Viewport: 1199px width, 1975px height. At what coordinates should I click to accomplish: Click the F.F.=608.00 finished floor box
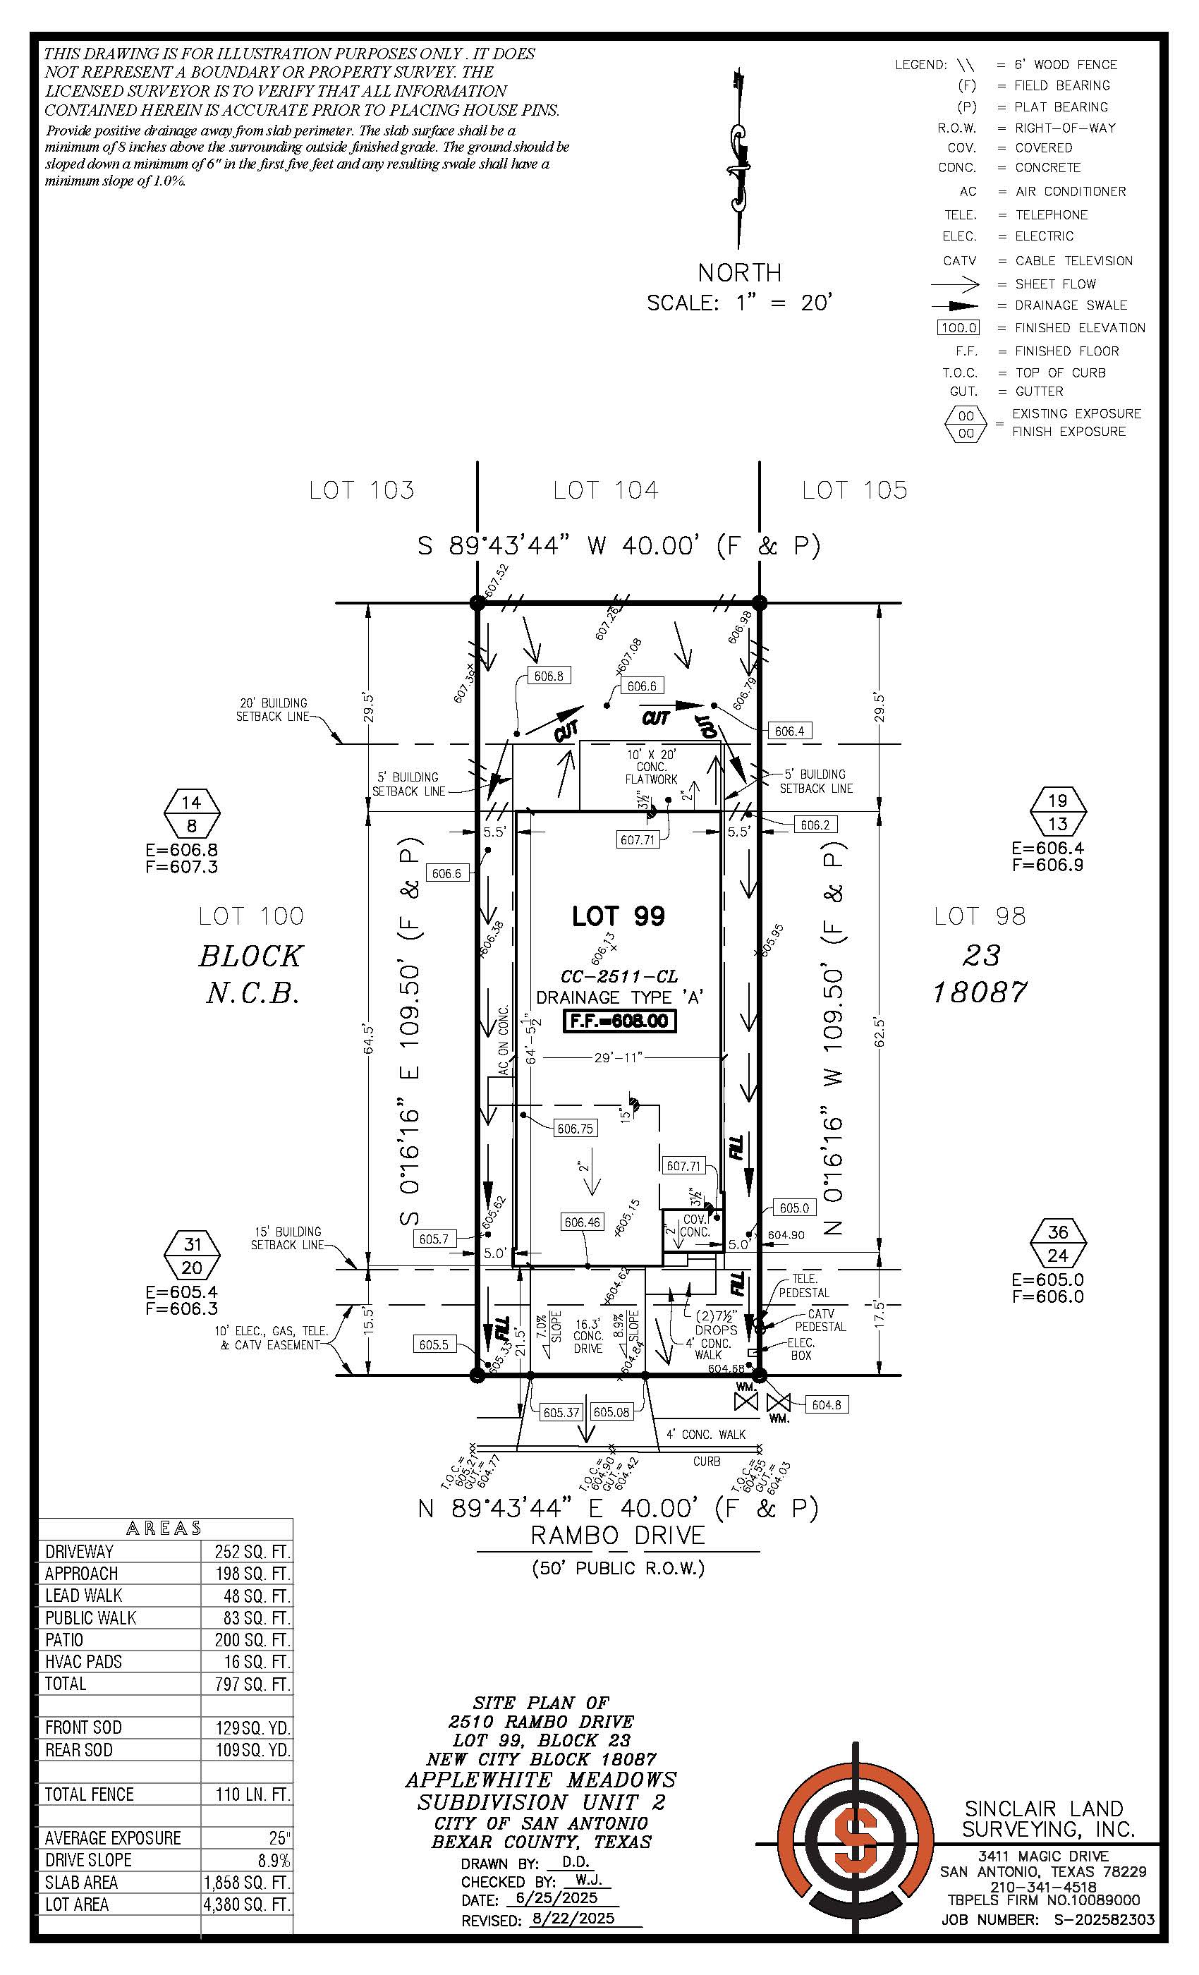tap(619, 1021)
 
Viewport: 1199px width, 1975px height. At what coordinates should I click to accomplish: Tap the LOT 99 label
tap(618, 916)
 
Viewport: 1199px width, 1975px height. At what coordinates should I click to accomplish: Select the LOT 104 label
tap(605, 490)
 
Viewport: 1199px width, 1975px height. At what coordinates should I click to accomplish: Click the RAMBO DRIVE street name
tap(618, 1535)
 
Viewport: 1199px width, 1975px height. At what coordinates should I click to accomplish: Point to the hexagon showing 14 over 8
tap(192, 813)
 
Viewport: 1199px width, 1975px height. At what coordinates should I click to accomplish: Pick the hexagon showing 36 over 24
tap(1057, 1243)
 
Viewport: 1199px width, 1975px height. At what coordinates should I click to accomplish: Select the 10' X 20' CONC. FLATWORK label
tap(651, 766)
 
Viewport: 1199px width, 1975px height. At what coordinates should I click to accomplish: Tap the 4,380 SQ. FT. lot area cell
tap(247, 1904)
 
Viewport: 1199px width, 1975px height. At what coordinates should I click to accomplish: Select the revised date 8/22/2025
tap(572, 1918)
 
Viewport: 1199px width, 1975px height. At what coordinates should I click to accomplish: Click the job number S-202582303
tap(1104, 1919)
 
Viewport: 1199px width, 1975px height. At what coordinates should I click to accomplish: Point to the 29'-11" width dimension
tap(619, 1057)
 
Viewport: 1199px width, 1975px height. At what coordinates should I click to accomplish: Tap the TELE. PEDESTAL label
tap(804, 1286)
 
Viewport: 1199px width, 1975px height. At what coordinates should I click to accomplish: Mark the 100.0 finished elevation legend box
tap(958, 328)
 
